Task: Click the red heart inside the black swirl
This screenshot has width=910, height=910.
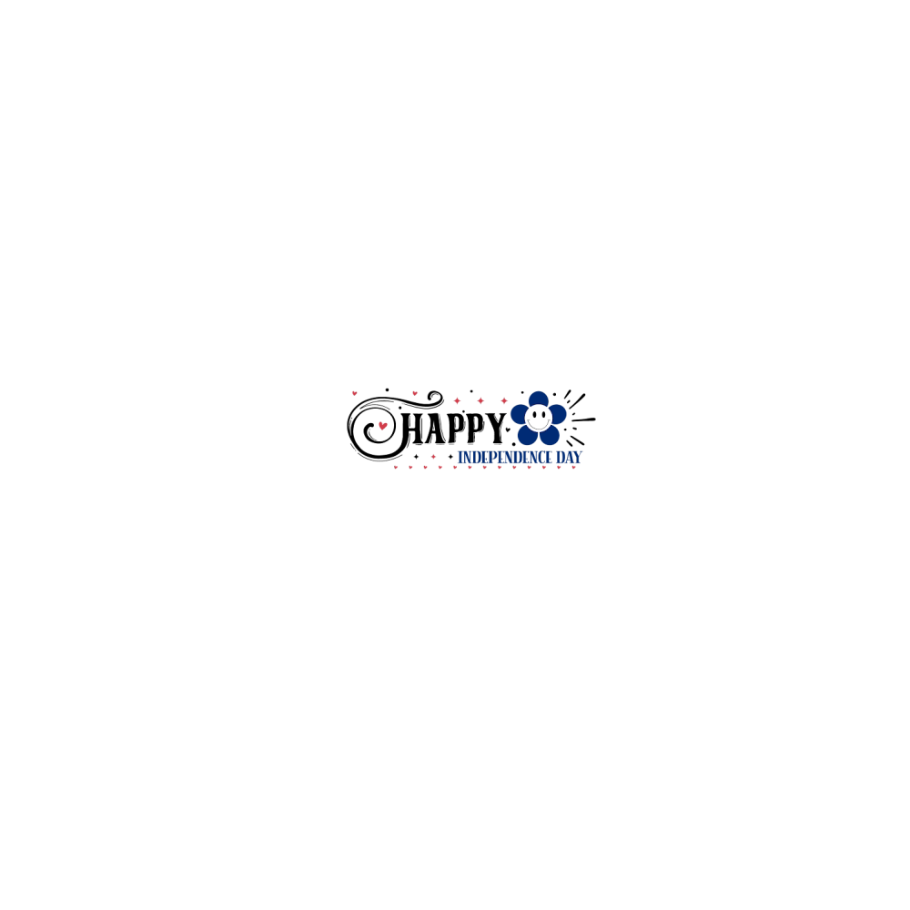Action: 383,425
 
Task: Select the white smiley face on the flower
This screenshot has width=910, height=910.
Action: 540,418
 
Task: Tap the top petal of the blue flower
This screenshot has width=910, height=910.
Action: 540,399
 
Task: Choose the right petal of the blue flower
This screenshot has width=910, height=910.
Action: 558,414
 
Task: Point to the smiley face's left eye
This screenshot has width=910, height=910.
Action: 535,414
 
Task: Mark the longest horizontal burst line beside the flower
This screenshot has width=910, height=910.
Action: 583,420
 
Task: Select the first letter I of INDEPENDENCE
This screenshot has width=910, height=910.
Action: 460,457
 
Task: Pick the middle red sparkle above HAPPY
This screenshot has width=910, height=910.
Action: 481,400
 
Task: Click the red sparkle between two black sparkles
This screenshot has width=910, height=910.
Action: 433,456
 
